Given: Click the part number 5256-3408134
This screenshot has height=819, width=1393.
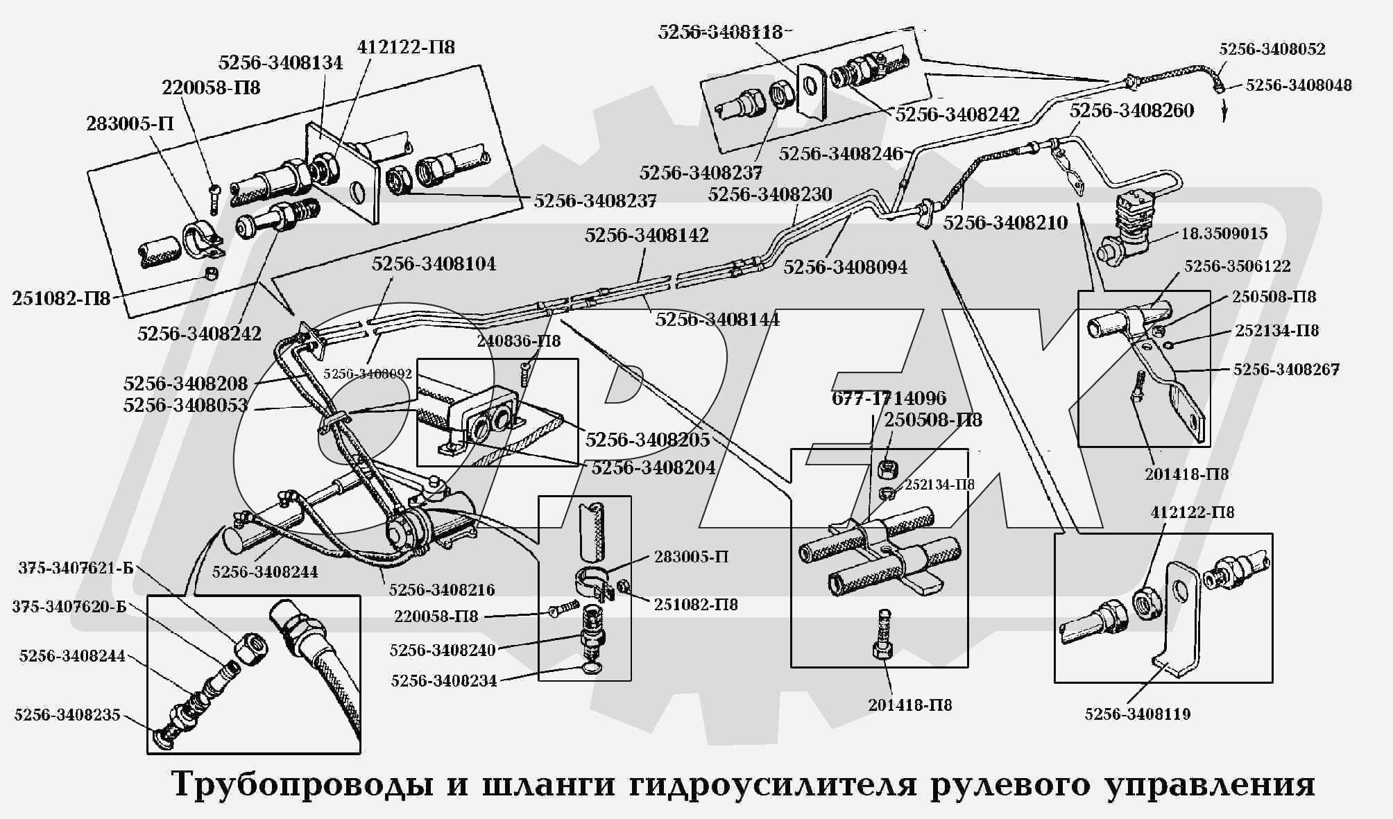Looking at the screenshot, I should click(x=280, y=62).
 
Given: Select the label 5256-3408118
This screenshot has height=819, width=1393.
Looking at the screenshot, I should click(x=720, y=32).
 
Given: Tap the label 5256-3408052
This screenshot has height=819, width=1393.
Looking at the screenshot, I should click(x=1272, y=49).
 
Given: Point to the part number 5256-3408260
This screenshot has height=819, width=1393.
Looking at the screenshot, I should click(x=1131, y=110).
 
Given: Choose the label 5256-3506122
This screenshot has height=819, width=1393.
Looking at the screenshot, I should click(x=1238, y=266).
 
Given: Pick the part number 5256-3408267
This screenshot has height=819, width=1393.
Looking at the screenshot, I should click(x=1285, y=370).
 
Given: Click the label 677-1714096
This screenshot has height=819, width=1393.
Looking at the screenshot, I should click(x=889, y=398).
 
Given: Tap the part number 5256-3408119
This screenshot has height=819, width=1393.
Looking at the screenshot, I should click(x=1138, y=714).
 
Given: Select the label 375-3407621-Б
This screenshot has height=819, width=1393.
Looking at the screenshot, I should click(x=76, y=569).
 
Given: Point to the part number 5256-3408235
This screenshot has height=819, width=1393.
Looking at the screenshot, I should click(x=67, y=714).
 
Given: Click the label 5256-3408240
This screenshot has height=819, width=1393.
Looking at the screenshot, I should click(x=443, y=650).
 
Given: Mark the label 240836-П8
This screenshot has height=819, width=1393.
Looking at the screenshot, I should click(x=518, y=341).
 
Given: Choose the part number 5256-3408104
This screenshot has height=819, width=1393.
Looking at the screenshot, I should click(x=434, y=264).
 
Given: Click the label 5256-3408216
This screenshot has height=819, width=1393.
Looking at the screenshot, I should click(x=442, y=589).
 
